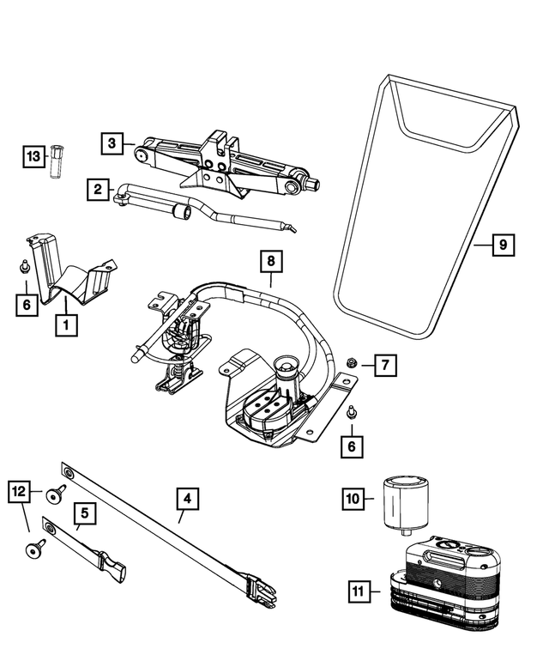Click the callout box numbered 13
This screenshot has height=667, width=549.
point(33,156)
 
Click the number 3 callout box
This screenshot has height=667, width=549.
point(112,143)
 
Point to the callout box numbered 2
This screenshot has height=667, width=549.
point(99,188)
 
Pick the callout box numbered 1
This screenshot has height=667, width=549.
point(63,325)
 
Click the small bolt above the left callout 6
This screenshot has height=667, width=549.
point(26,267)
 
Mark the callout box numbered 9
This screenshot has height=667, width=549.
point(504,246)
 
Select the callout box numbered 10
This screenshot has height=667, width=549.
point(353,498)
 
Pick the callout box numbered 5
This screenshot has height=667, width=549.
point(85,514)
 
